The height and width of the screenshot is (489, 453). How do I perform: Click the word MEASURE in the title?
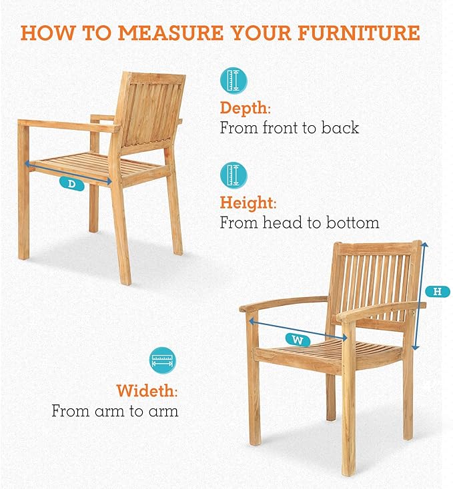(x=171, y=33)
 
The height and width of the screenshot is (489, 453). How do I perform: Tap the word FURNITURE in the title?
(x=358, y=33)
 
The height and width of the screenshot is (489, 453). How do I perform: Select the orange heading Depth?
(x=245, y=109)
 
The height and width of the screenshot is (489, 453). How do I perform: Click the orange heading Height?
(x=248, y=203)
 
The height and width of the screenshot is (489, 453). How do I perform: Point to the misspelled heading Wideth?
(x=147, y=390)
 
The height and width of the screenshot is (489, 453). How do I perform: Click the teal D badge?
(x=72, y=184)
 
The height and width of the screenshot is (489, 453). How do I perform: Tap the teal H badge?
(x=438, y=292)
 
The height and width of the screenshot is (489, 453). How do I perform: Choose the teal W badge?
(x=298, y=340)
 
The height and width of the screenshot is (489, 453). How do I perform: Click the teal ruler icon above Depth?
(x=234, y=81)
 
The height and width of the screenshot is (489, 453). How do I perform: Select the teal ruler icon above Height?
(x=234, y=175)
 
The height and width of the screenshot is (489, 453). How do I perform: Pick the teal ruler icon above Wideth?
(x=162, y=360)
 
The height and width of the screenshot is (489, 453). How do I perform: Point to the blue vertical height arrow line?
(x=420, y=296)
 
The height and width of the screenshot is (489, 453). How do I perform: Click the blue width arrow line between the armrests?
(x=298, y=329)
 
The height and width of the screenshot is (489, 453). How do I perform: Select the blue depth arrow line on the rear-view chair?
(x=68, y=172)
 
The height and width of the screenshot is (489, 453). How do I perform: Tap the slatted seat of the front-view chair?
(x=331, y=350)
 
